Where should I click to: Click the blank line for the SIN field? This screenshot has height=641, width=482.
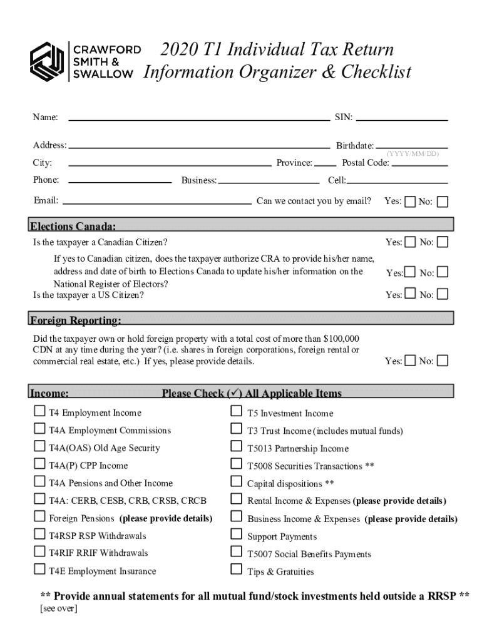402,118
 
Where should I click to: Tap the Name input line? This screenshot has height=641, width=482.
198,118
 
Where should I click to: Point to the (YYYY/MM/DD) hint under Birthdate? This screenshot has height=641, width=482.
413,153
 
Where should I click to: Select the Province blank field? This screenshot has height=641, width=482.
326,164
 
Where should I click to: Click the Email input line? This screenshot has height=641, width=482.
157,202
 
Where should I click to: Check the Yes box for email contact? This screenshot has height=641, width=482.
410,202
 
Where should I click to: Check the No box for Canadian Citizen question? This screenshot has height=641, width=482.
443,242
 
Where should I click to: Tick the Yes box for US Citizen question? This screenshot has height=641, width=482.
410,294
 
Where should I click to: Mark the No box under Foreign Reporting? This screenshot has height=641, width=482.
443,361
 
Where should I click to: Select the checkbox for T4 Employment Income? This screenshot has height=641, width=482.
39,412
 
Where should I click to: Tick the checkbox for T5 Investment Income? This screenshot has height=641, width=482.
236,412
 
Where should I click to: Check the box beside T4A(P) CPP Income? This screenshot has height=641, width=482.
39,464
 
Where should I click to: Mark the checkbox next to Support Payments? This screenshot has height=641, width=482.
236,535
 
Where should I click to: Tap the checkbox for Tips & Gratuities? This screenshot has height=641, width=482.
236,570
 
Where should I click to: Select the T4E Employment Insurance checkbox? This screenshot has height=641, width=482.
39,570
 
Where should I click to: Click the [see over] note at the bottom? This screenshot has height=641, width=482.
58,608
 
